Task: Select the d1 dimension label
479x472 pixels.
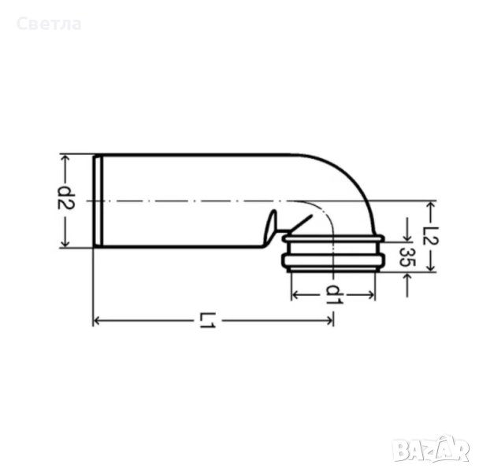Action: tap(335, 295)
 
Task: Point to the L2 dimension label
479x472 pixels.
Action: tap(430, 235)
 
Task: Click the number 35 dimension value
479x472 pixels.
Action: tap(407, 257)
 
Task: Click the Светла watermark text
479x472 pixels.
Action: tap(49, 24)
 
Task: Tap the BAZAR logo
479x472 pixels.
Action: tap(431, 451)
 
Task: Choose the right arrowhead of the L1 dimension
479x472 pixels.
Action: tap(329, 321)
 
